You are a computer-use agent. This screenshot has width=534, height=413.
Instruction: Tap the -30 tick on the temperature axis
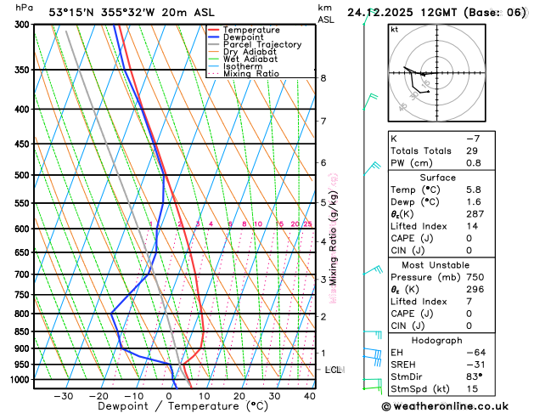coord(64,395)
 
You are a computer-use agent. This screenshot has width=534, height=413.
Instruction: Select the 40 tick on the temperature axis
coord(309,395)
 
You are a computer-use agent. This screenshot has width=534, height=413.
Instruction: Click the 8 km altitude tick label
coord(323,78)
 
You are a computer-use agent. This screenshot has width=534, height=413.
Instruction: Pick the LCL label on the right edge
coord(334,371)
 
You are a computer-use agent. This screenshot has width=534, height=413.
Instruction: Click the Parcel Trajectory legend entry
coord(261,44)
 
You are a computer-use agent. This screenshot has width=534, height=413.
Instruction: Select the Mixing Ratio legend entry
coord(250,73)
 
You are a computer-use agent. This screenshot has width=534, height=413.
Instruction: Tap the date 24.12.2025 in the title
coord(382,13)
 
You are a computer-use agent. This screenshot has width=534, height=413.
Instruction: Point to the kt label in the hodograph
coord(394,29)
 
